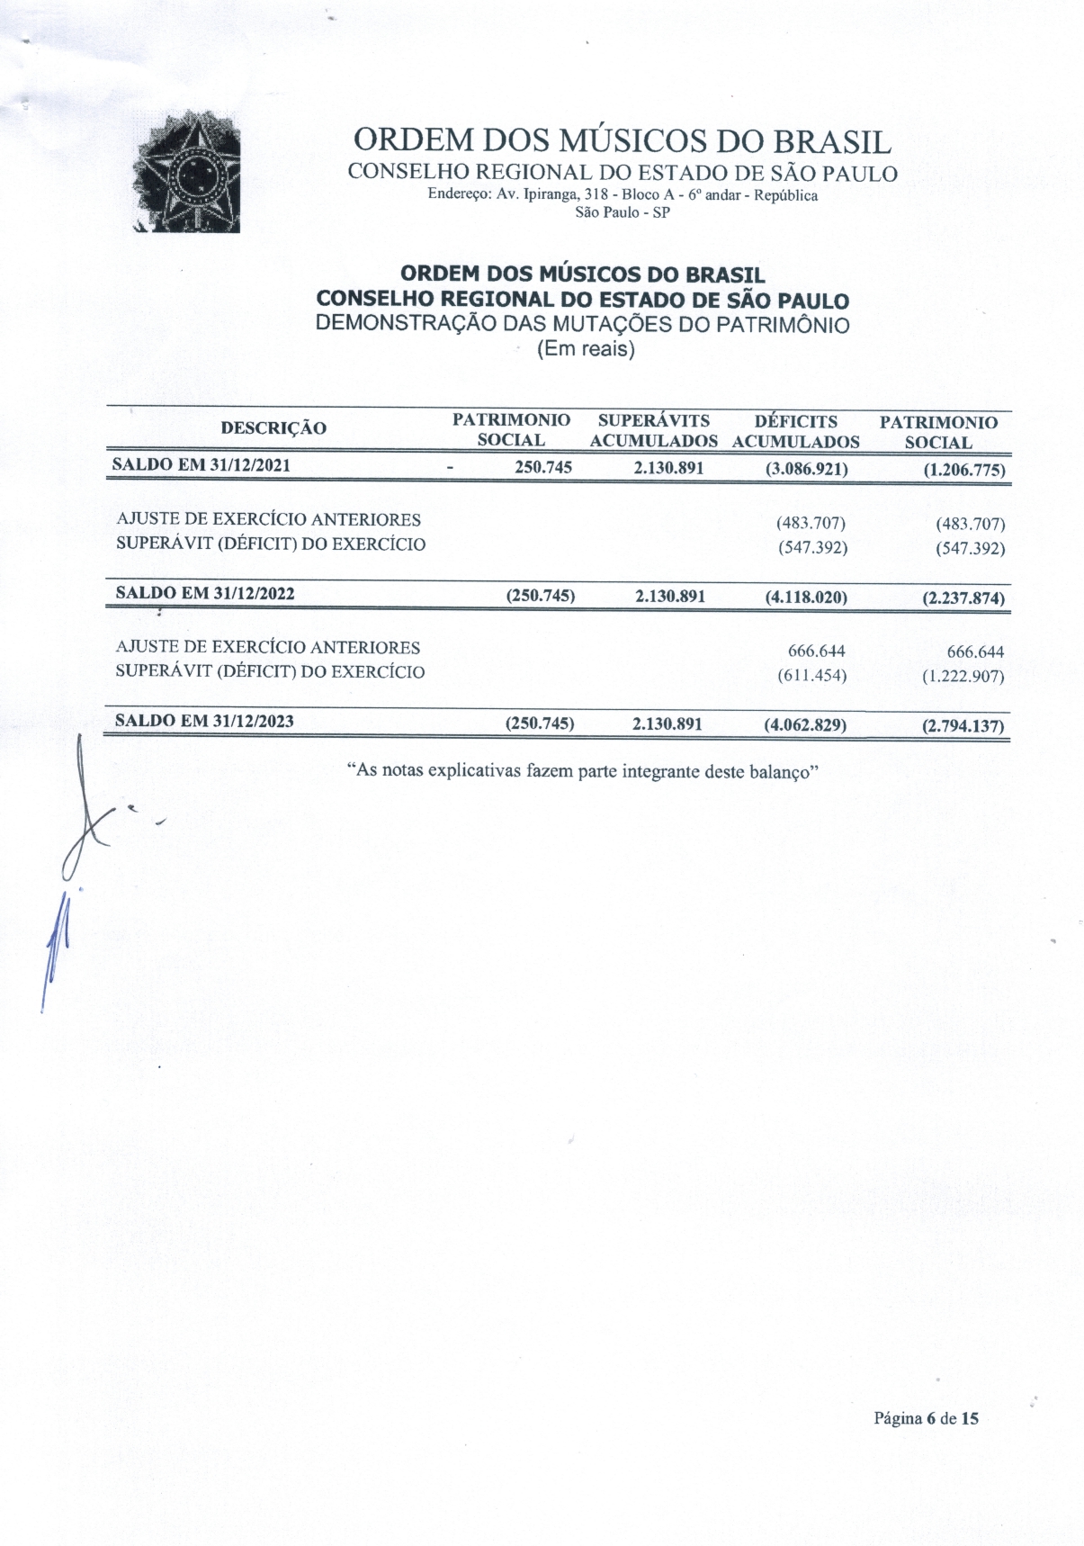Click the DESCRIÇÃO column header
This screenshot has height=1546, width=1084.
[273, 428]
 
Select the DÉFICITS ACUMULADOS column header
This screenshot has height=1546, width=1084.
[795, 432]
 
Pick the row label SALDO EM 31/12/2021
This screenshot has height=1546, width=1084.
[201, 465]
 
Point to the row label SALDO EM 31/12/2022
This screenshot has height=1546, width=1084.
[205, 593]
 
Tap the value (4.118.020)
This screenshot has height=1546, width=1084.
[805, 596]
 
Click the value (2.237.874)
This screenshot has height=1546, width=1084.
[963, 598]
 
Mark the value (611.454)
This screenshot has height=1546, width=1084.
[811, 674]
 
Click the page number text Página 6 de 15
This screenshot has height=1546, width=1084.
[926, 1419]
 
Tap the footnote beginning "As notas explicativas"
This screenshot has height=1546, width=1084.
[581, 771]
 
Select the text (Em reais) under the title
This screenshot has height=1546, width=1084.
[586, 349]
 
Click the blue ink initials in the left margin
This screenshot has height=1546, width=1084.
[56, 945]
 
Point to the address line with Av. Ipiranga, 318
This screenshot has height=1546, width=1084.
[623, 195]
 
